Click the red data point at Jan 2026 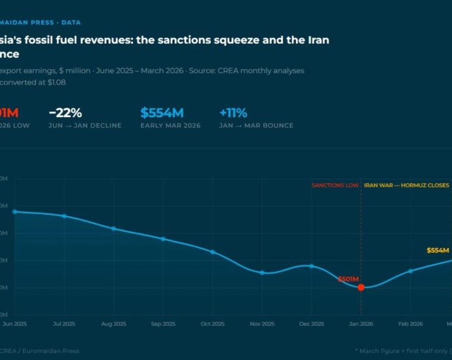click(x=361, y=287)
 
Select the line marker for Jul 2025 click(x=64, y=216)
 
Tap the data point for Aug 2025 click(x=114, y=228)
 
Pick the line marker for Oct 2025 click(x=213, y=252)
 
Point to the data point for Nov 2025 click(x=262, y=272)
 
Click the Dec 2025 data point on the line click(x=312, y=266)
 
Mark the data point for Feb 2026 click(x=411, y=271)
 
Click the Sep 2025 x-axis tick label click(x=163, y=324)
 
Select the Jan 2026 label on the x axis click(x=361, y=324)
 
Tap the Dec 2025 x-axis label click(x=312, y=324)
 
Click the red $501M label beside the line click(x=348, y=279)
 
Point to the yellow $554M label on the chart click(x=438, y=250)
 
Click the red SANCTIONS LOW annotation click(x=335, y=185)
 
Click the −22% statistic click(x=65, y=112)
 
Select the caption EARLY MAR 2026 click(x=170, y=126)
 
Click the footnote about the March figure click(x=402, y=351)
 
